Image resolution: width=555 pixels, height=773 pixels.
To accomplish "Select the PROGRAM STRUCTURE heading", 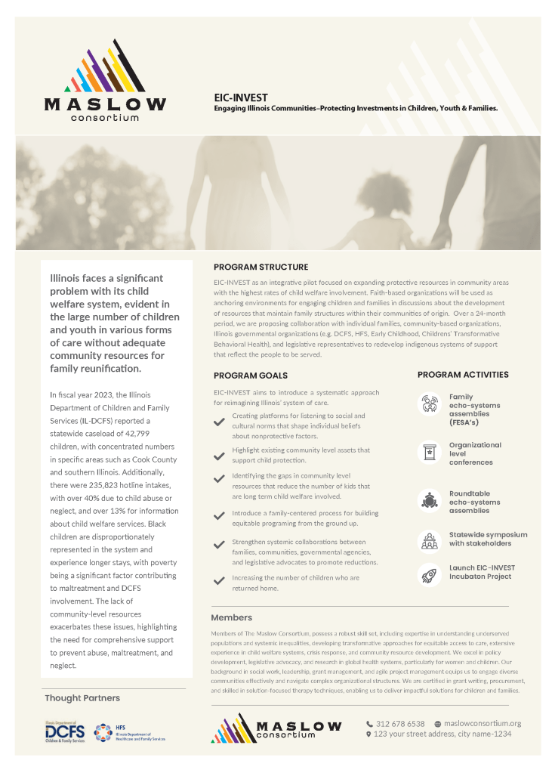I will [x=261, y=267].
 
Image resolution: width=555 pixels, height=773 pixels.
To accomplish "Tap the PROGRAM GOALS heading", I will [x=250, y=375].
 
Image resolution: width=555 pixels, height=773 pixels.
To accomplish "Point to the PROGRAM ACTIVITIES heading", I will [x=463, y=374].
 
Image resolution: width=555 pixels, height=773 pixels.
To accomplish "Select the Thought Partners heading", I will [x=82, y=697].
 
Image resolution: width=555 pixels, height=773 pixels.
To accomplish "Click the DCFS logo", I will [x=64, y=731].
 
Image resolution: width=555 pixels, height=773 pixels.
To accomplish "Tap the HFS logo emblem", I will [x=103, y=731].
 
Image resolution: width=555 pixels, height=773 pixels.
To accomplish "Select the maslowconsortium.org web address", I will [x=483, y=723].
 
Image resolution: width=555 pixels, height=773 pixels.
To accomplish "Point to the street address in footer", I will [x=442, y=734].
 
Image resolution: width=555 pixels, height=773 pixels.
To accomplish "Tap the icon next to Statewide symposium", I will [x=430, y=540].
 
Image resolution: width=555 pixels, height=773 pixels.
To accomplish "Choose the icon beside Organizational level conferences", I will [x=430, y=452].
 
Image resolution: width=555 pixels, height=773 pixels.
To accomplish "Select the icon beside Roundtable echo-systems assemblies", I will [x=430, y=499].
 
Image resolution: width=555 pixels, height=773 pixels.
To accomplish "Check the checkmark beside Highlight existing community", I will [x=220, y=456].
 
